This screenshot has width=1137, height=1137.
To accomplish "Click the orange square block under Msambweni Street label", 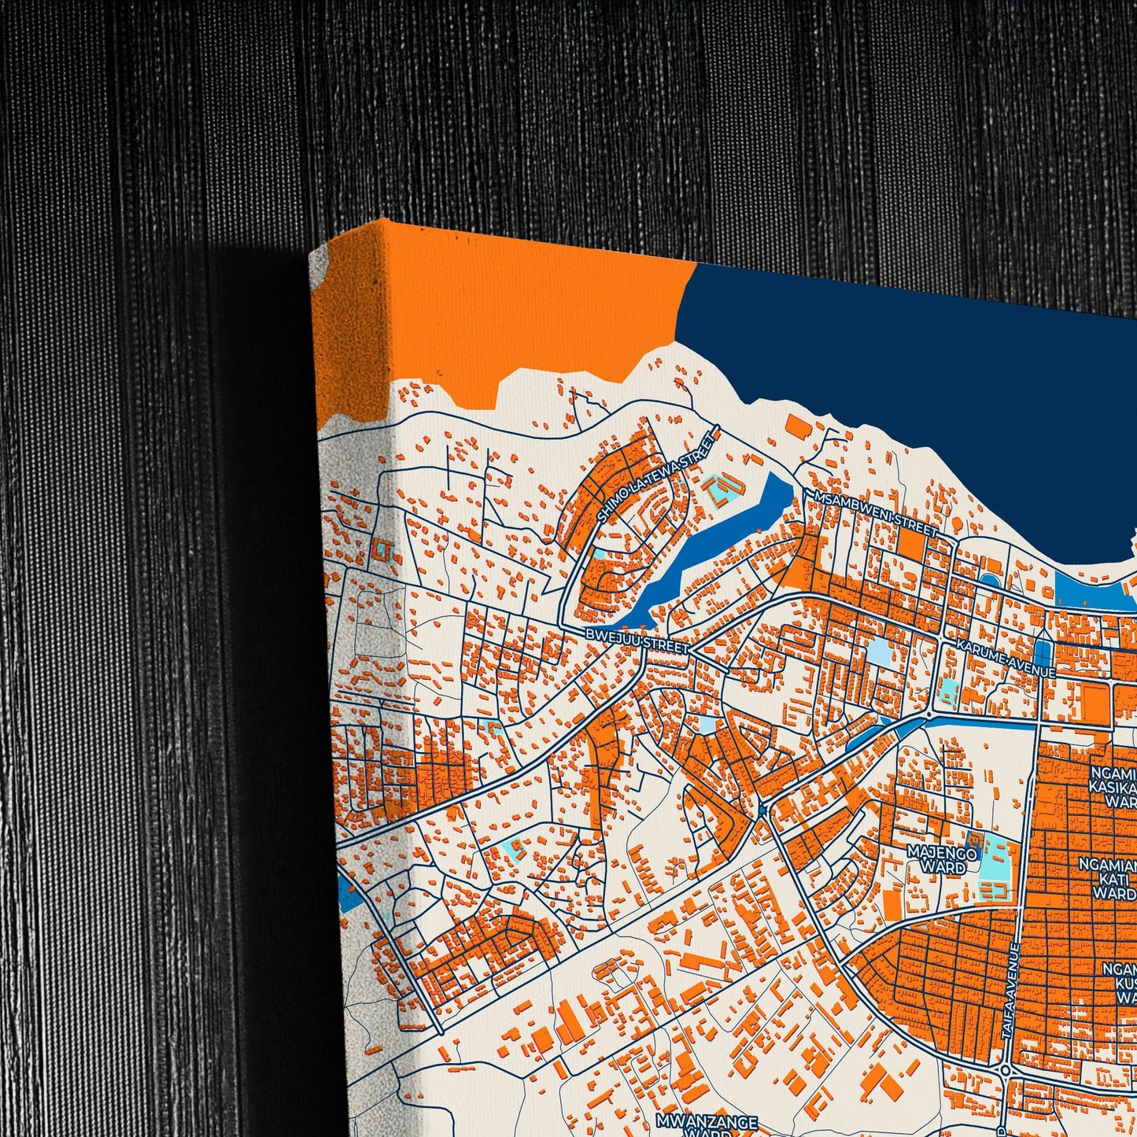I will point(912,544).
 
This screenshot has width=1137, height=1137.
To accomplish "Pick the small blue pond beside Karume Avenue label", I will point(1043,652).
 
